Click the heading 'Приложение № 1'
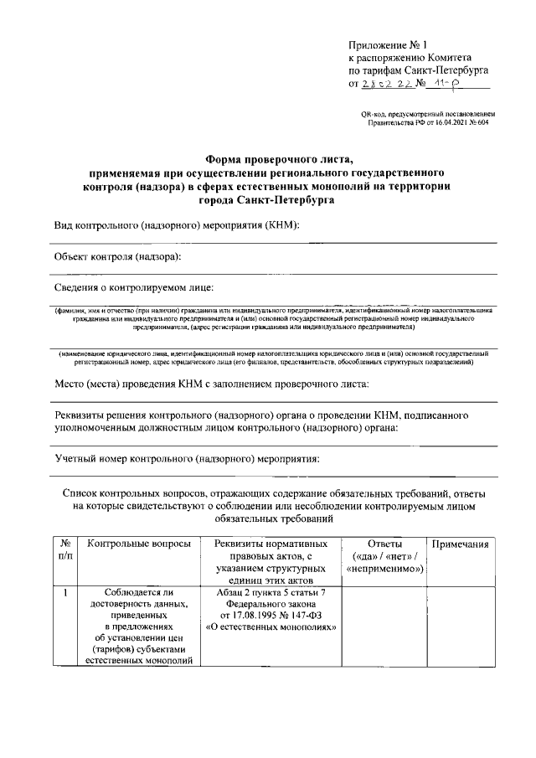click(x=388, y=44)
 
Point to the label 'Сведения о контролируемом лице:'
click(x=134, y=287)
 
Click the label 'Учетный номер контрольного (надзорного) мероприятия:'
click(x=186, y=459)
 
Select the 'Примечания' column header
click(x=459, y=544)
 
